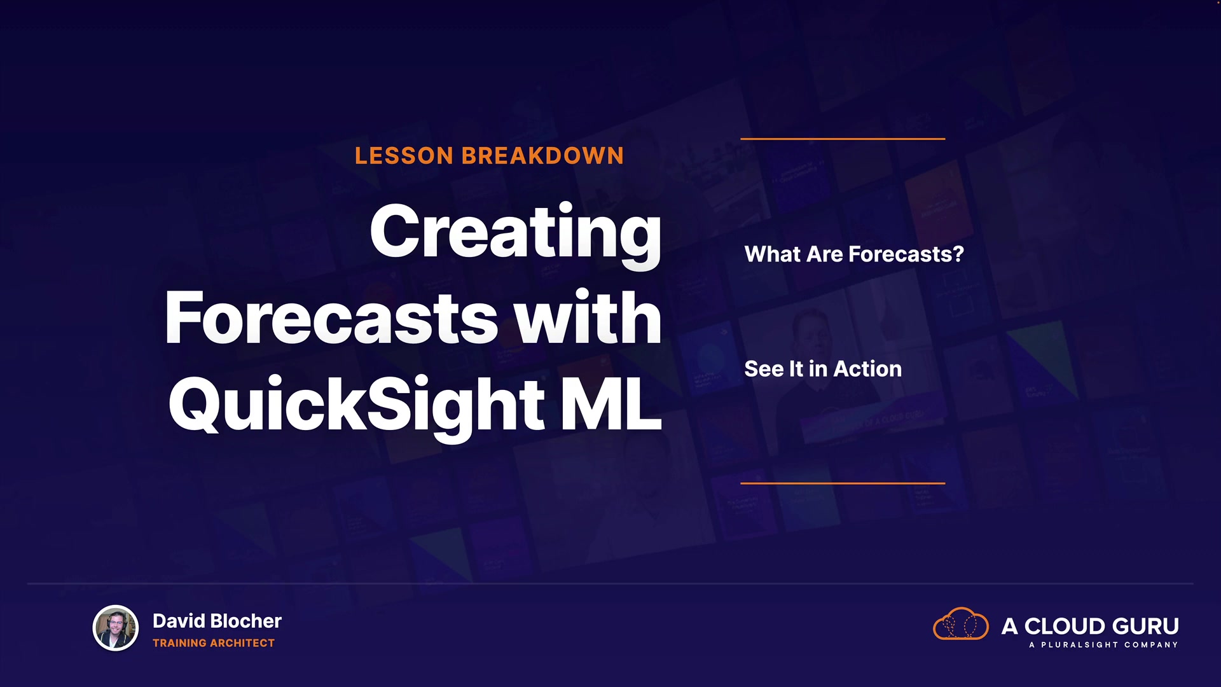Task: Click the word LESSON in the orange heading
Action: (x=404, y=156)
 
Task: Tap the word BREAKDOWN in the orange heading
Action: (x=543, y=156)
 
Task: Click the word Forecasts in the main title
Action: (x=331, y=317)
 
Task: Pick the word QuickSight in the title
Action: (x=357, y=406)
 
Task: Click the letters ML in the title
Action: (x=611, y=403)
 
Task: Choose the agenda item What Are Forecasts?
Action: (x=854, y=254)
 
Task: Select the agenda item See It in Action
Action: (x=823, y=369)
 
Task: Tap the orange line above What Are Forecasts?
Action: (x=843, y=139)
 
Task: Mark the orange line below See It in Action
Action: (x=843, y=483)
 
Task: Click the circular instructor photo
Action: (x=116, y=628)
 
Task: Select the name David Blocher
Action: (x=217, y=621)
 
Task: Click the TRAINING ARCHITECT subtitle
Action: (x=214, y=643)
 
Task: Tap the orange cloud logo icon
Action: (x=960, y=624)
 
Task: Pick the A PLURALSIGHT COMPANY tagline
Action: (x=1103, y=645)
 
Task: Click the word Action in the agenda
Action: (x=867, y=369)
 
